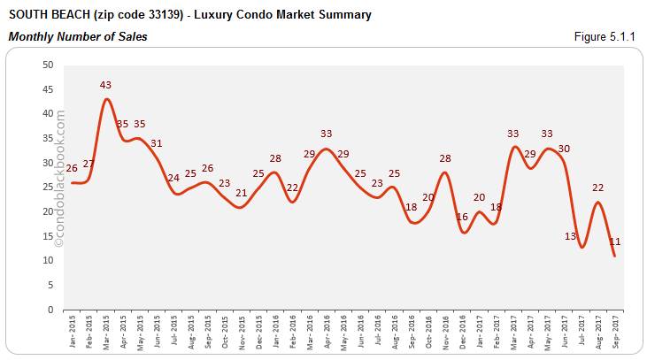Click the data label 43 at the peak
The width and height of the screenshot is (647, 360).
tap(106, 85)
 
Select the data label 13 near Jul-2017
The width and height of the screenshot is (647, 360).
tap(570, 236)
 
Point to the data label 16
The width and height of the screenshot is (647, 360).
tap(461, 217)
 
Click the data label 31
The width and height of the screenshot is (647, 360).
tap(157, 143)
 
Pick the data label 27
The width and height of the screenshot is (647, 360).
tap(89, 164)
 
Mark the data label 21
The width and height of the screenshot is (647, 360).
tap(242, 193)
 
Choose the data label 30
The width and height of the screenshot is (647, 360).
tap(564, 148)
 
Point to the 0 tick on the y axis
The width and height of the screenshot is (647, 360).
tap(50, 310)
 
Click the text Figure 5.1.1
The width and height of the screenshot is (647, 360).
tap(608, 36)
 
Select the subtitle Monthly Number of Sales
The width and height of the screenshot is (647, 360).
tap(78, 36)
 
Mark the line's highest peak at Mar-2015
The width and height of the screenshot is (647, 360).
tap(106, 98)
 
